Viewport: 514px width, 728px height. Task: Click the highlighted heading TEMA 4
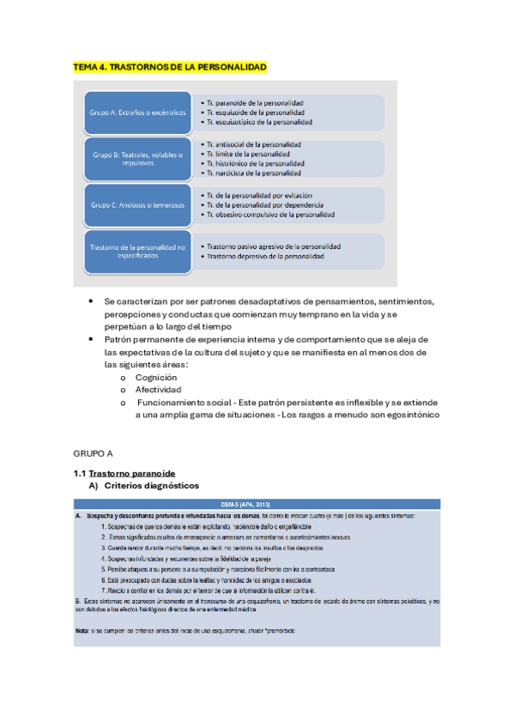170,67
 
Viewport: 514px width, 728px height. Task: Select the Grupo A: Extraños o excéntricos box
136,112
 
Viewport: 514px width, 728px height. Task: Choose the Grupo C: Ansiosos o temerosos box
136,205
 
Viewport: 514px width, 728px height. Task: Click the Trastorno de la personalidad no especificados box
136,252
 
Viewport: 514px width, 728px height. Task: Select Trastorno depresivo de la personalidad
265,256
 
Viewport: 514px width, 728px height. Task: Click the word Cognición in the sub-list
156,377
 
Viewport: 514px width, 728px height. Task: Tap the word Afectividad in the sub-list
159,389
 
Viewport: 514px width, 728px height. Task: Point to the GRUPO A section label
94,452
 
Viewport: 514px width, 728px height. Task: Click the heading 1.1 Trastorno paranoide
124,473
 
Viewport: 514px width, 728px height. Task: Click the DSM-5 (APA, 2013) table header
257,503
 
